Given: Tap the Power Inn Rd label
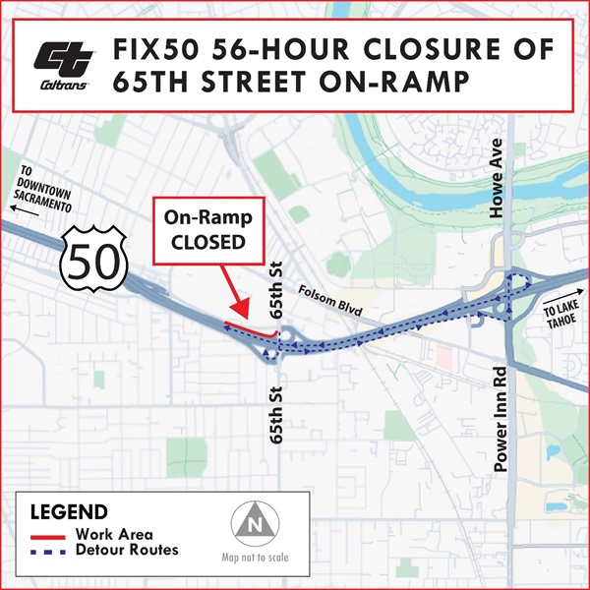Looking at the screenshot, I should coord(500,418).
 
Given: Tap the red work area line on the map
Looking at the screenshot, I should coord(251,327).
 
